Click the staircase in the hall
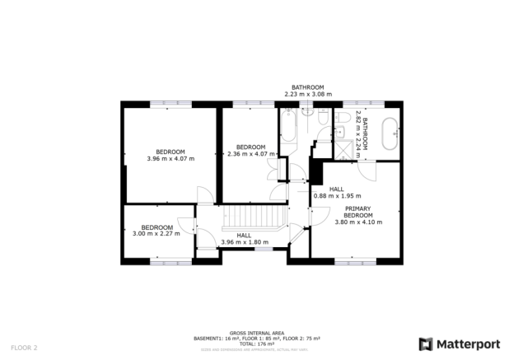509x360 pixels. pos(256,217)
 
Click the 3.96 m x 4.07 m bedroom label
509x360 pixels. pos(170,155)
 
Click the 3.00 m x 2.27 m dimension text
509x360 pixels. pos(156,233)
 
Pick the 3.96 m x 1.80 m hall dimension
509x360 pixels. pos(244,241)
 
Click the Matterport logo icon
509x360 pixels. pos(426,343)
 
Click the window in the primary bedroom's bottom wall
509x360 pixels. pos(356,262)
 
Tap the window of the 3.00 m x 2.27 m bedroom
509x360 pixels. pos(170,262)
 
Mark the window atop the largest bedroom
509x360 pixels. pos(170,104)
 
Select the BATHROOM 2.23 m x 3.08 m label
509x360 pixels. pos(306,91)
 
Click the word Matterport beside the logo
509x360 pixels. pos(467,344)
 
